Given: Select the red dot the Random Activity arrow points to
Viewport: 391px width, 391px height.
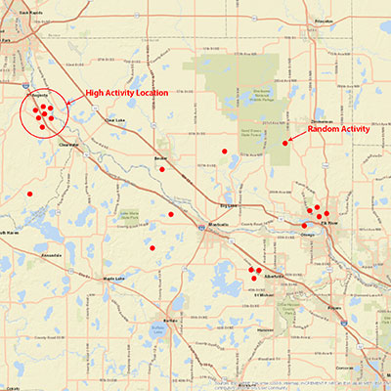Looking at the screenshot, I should click(x=285, y=144).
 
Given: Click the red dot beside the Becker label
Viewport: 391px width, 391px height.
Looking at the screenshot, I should click(x=162, y=169).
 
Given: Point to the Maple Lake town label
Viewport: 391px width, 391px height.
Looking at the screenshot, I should click(x=113, y=279).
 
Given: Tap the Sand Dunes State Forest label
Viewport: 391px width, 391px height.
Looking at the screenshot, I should click(x=231, y=130).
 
